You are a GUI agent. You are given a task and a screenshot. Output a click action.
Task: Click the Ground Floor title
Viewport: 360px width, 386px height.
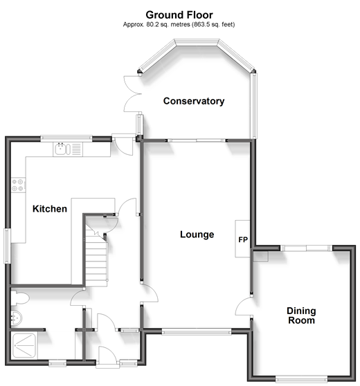(179, 15)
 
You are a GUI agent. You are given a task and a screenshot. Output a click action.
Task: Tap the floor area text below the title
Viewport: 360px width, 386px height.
(179, 25)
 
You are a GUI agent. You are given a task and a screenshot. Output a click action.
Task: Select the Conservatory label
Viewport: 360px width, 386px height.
(194, 101)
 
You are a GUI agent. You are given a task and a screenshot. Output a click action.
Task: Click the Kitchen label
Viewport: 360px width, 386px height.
(50, 209)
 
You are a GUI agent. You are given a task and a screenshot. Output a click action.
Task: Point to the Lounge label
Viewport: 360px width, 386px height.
(197, 235)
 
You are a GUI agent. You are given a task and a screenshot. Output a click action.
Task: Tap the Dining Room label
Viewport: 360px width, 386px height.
(301, 315)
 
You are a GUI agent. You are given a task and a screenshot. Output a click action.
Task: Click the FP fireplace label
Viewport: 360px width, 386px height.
(243, 239)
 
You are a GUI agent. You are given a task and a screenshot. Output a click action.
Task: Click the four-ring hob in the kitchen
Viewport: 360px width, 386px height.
(18, 185)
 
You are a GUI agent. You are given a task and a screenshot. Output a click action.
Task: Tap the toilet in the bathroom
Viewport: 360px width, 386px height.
(20, 298)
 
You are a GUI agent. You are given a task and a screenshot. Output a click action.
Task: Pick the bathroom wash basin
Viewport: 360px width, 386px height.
(17, 318)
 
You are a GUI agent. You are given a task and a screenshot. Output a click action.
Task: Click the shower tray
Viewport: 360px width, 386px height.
(24, 345)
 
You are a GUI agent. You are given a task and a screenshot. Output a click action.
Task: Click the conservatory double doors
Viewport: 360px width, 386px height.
(132, 94)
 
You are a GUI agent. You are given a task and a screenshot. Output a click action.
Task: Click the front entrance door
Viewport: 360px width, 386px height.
(107, 355)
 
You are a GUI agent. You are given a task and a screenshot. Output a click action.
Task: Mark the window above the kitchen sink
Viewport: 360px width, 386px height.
(66, 138)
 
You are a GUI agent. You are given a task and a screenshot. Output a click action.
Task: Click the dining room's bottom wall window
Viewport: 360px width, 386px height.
(301, 378)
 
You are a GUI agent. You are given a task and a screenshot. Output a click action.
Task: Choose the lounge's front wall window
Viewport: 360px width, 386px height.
(197, 331)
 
